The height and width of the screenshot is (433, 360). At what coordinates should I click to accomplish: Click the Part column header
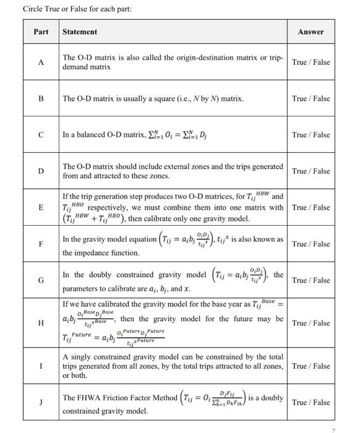pos(41,32)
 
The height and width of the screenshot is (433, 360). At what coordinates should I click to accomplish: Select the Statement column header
pos(80,32)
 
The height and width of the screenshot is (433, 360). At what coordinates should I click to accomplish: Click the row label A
pos(41,62)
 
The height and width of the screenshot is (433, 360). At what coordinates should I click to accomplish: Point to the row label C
pos(41,134)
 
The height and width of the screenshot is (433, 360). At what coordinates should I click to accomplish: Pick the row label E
pos(41,207)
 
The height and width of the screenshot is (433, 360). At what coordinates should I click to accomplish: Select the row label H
pos(41,323)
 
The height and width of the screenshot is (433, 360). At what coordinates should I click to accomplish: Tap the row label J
pos(41,402)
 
